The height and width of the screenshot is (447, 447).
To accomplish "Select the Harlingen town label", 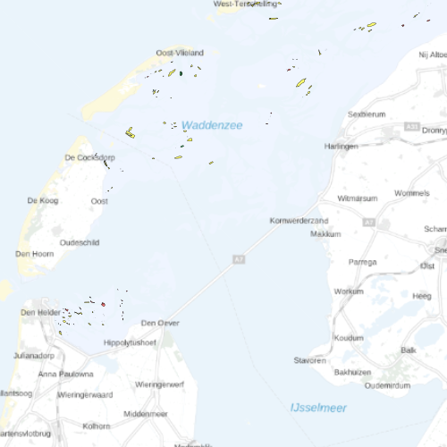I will pos(342,146).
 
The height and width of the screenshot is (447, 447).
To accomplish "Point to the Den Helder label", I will pos(40,312).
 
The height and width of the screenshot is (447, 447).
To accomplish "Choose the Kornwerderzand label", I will pos(299,220).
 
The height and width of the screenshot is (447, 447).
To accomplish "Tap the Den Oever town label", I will pos(160,323).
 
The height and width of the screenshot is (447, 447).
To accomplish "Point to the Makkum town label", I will pos(325,233).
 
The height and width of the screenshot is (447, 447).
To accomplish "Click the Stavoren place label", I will pos(310,360).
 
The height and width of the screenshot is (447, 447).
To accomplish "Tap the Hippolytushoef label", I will pos(131,342).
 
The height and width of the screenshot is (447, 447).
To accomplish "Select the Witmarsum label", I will pos(358,197).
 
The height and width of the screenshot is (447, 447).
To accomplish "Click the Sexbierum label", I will pos(367,114).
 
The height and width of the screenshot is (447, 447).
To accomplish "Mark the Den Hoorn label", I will pos(35,254).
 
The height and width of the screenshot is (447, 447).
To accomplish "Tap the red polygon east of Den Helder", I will pos(103,304).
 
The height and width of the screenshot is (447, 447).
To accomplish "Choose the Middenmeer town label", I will pos(146,414).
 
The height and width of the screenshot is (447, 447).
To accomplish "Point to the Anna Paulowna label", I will pos(65,374).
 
